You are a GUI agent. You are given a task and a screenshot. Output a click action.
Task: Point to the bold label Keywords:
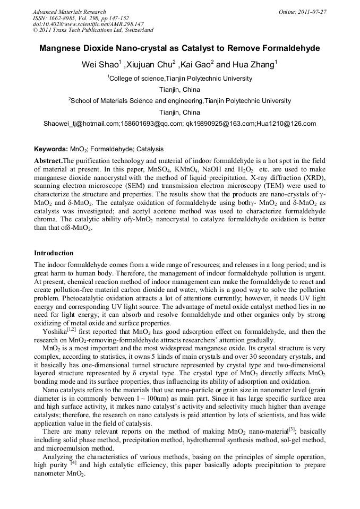pyautogui.click(x=51, y=149)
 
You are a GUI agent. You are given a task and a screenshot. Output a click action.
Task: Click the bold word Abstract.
pyautogui.click(x=48, y=160)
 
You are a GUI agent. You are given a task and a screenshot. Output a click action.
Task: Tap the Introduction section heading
pyautogui.click(x=54, y=253)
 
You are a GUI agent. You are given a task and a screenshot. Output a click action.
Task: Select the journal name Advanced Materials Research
pyautogui.click(x=69, y=12)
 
